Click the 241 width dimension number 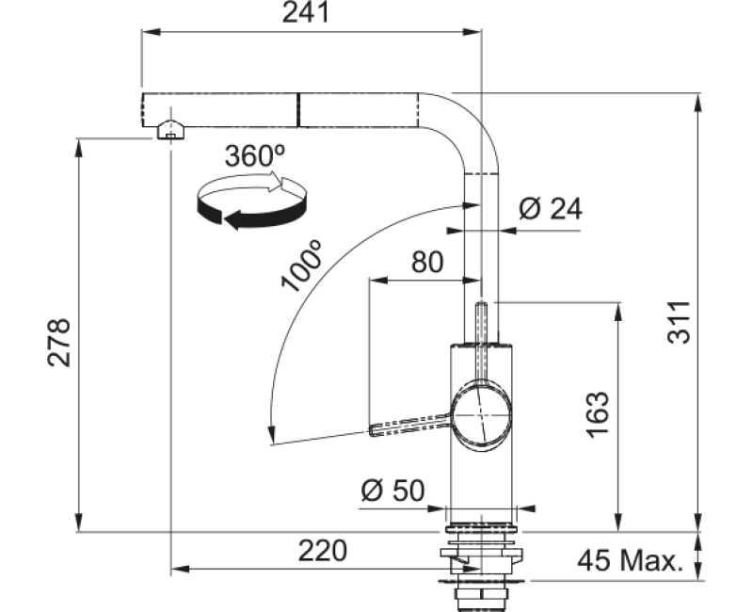tap(305, 13)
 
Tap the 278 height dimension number tap(58, 343)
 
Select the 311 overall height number tap(679, 322)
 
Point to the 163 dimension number tap(598, 415)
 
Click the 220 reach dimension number tap(322, 551)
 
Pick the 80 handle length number tap(427, 263)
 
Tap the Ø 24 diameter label tap(551, 208)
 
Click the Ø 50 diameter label tap(393, 491)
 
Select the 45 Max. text tap(630, 560)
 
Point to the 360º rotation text tap(254, 155)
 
